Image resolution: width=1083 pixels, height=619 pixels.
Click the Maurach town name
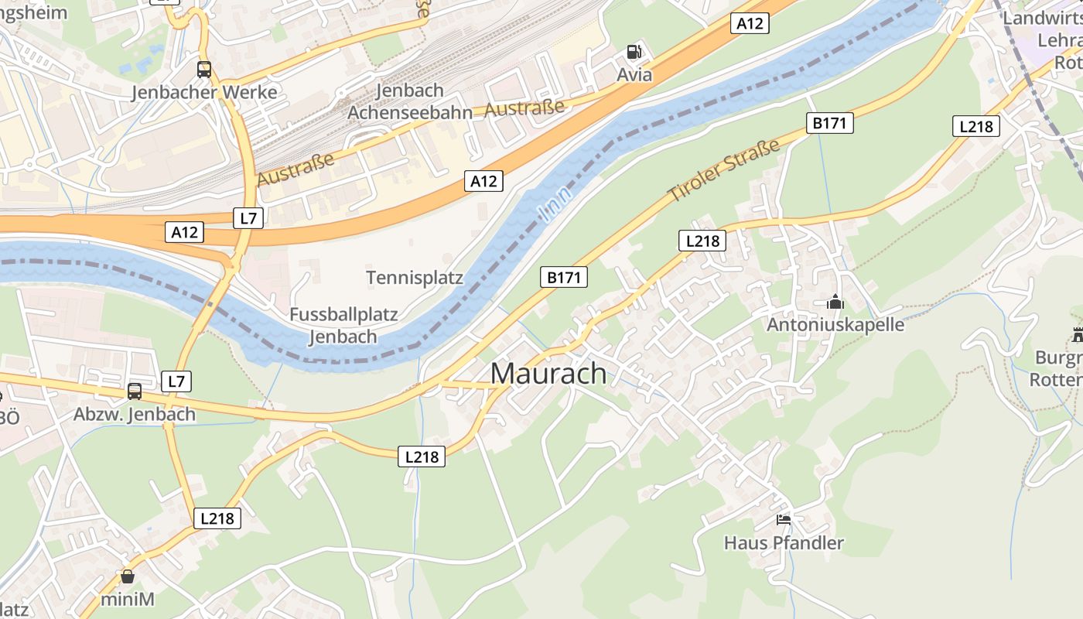[x=548, y=374]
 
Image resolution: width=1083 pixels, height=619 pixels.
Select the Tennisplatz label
[x=415, y=278]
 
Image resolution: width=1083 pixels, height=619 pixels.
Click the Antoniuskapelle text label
[x=835, y=324]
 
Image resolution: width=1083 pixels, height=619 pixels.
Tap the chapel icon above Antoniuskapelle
[x=835, y=303]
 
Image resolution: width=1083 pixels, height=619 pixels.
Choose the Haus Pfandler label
[x=784, y=542]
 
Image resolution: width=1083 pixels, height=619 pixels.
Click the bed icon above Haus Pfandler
[x=784, y=520]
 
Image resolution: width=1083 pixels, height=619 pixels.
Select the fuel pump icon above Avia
[x=634, y=52]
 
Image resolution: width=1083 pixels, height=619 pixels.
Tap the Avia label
[x=634, y=75]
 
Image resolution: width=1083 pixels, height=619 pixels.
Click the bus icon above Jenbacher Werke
[x=204, y=70]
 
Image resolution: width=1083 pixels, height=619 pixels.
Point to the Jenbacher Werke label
[x=204, y=93]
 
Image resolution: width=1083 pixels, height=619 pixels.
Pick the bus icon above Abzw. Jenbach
[x=135, y=392]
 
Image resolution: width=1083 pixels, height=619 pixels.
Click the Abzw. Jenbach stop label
[x=135, y=414]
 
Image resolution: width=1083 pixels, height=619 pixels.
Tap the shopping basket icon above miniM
[x=128, y=576]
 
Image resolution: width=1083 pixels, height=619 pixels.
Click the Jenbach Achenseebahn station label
[x=409, y=101]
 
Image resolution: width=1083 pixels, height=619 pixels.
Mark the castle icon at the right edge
[x=1078, y=335]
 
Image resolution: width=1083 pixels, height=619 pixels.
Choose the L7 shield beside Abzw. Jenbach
[x=177, y=381]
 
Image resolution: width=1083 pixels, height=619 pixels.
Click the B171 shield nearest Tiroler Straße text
[x=830, y=123]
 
